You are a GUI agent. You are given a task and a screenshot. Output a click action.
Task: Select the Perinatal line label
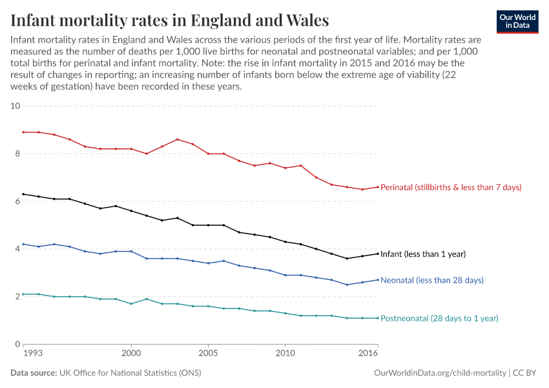[x=451, y=187]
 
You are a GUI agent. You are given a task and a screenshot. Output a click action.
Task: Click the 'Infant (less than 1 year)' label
[x=423, y=254]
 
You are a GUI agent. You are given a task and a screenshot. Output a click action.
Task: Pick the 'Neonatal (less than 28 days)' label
[x=432, y=281]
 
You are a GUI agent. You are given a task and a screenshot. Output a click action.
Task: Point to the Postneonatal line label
[x=439, y=318]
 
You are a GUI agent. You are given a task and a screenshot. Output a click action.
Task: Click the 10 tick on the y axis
[x=16, y=106]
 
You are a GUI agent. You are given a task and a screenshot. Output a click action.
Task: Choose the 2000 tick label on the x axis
[x=131, y=354]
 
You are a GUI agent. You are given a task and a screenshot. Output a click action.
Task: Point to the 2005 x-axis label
[x=208, y=354]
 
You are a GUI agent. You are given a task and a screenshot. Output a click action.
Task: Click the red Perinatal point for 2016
[x=378, y=187]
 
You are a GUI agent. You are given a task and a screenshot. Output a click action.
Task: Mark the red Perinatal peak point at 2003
[x=178, y=139]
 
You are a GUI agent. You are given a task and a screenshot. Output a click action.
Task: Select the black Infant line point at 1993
[x=23, y=194]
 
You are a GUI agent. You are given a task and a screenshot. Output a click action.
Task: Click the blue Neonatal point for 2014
[x=347, y=285]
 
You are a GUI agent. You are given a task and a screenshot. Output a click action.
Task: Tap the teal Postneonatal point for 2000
[x=131, y=304]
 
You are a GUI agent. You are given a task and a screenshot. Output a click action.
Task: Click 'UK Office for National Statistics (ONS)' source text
[x=129, y=373]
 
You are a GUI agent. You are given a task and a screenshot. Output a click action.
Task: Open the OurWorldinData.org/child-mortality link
[x=440, y=373]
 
